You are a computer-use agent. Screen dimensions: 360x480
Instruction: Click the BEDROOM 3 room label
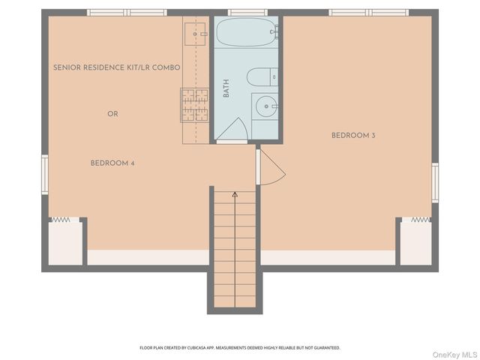(353, 136)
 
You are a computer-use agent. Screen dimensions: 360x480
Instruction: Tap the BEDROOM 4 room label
(112, 163)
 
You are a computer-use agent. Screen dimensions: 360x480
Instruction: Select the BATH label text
(226, 88)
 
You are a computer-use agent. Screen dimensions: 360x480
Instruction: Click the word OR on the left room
(112, 114)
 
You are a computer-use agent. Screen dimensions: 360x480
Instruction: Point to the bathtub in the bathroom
(245, 33)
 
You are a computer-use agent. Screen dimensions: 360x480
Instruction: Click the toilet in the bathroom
(262, 76)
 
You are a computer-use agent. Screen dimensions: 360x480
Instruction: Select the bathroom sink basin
(265, 107)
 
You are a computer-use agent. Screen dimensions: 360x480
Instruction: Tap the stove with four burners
(194, 104)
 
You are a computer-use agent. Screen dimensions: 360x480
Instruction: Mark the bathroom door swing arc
(232, 129)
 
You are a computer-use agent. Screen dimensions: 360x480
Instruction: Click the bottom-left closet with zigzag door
(64, 241)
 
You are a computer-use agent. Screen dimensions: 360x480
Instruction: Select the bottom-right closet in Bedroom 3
(415, 241)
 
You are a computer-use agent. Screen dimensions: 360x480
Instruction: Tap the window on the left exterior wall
(45, 174)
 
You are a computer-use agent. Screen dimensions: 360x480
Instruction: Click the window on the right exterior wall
(435, 182)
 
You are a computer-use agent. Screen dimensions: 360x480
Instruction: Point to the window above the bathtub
(247, 13)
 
